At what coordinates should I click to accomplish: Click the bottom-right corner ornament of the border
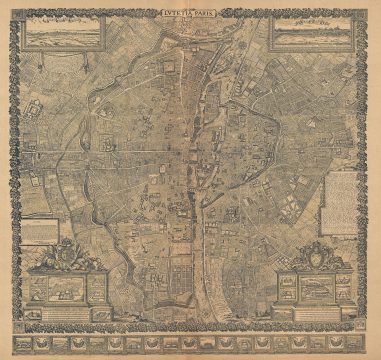370,349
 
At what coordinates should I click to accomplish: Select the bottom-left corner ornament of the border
12,349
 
